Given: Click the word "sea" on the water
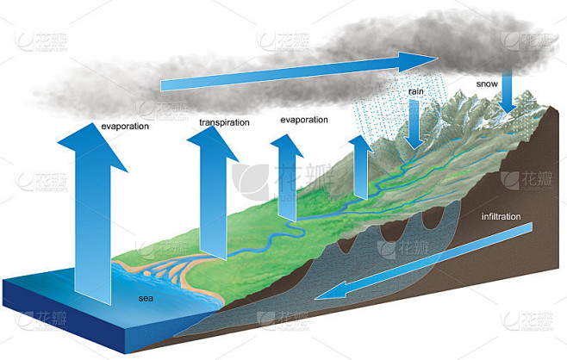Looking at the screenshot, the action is (x=146, y=299).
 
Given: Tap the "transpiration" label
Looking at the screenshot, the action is (x=224, y=122).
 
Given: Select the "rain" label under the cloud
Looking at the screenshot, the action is (x=416, y=91).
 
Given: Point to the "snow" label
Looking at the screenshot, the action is (x=487, y=84).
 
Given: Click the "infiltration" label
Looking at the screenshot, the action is (x=501, y=216).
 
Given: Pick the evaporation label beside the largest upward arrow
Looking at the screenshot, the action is (x=125, y=126).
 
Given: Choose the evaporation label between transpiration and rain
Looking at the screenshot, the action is (x=304, y=120).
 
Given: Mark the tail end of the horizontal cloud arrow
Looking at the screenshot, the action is (x=161, y=85).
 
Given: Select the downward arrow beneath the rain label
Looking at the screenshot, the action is (x=414, y=124).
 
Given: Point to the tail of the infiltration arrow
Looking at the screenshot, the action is (x=530, y=227).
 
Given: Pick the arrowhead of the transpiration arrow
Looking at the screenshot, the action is (x=214, y=142).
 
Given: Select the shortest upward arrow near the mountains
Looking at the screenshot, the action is (x=361, y=166).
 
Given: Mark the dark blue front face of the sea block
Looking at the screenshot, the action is (x=65, y=313).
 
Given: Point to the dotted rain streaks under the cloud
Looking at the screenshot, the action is (x=398, y=109).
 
